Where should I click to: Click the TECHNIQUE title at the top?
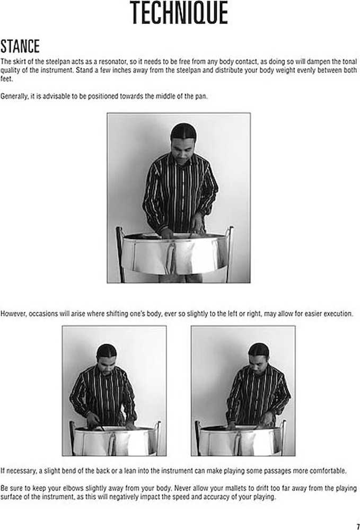(x=180, y=14)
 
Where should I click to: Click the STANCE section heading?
(x=20, y=46)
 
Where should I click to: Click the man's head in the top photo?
(x=183, y=139)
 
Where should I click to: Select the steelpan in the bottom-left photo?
(x=114, y=439)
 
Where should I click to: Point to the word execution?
(x=337, y=313)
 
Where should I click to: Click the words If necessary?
(x=16, y=471)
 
